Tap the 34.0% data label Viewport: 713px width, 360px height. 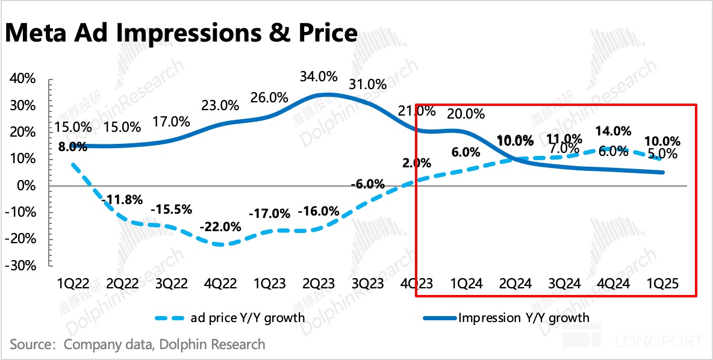click(319, 77)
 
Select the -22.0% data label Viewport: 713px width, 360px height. click(221, 227)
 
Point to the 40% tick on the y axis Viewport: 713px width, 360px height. click(22, 79)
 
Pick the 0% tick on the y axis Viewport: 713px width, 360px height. click(27, 185)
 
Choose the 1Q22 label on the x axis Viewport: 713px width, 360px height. click(73, 284)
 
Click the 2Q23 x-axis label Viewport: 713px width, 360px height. click(319, 284)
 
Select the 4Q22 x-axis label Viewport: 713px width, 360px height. click(220, 284)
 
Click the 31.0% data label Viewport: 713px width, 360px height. click(368, 85)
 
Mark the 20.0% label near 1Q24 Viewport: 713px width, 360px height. click(465, 113)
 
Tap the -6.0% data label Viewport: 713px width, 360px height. click(368, 184)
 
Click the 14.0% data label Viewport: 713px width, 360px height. click(613, 131)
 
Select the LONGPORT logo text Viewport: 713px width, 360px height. click(662, 341)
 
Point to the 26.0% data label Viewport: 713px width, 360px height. click(270, 98)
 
